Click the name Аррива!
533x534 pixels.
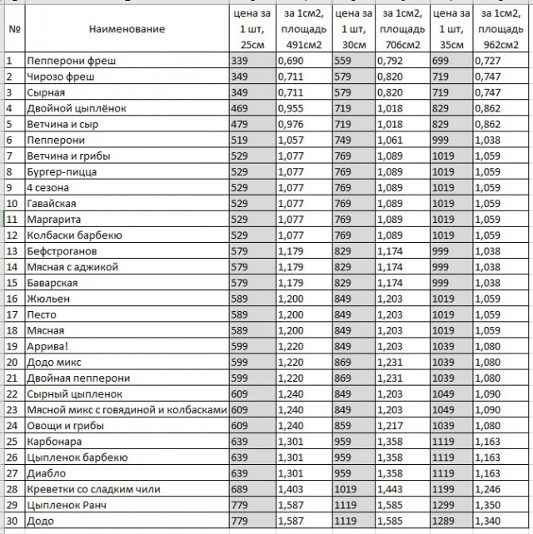tap(48, 346)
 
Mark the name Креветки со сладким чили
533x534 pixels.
tap(93, 489)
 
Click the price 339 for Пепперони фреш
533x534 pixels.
tap(241, 62)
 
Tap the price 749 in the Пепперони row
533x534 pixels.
tap(343, 141)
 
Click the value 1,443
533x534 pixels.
tap(396, 489)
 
